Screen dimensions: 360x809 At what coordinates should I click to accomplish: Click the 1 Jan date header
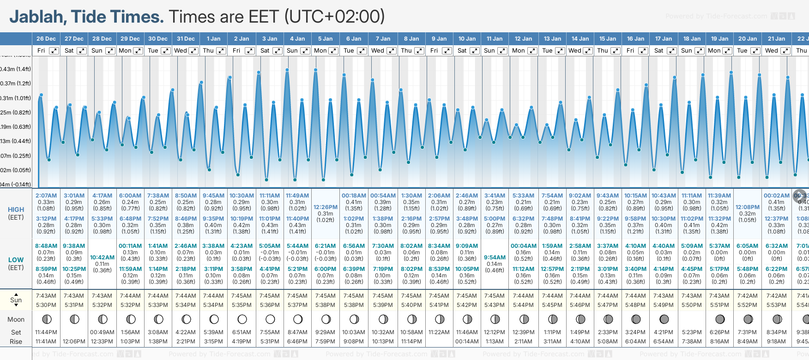pos(213,39)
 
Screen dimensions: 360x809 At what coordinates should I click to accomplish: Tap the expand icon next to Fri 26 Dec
pos(54,51)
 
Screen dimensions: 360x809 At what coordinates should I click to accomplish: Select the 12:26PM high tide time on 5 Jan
pos(326,207)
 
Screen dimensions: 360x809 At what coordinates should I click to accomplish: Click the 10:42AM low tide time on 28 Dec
pos(102,258)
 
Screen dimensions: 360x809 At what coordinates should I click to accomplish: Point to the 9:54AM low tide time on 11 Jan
pos(495,258)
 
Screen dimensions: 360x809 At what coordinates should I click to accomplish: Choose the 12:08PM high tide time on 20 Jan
pos(747,207)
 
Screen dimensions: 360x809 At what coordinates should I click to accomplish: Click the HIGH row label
pos(16,210)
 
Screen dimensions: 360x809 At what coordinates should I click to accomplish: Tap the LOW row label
pos(16,260)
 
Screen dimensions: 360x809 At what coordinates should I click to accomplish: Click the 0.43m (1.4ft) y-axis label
pos(16,69)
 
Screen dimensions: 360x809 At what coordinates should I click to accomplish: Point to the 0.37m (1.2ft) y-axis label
pos(16,84)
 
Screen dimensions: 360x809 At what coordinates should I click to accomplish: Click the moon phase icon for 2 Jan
pos(242,319)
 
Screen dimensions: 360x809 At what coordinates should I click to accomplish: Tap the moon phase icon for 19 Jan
pos(719,319)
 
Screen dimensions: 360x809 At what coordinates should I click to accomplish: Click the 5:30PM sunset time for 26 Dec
pos(46,305)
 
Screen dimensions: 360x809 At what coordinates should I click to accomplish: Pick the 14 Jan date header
pos(580,39)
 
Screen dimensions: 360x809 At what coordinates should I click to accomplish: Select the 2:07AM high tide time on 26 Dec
pos(46,196)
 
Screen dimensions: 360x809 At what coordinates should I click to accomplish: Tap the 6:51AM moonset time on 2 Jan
pos(241,332)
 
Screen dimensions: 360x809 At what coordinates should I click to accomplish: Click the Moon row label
pos(16,319)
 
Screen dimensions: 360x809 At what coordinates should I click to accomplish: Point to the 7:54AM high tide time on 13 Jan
pos(552,196)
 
